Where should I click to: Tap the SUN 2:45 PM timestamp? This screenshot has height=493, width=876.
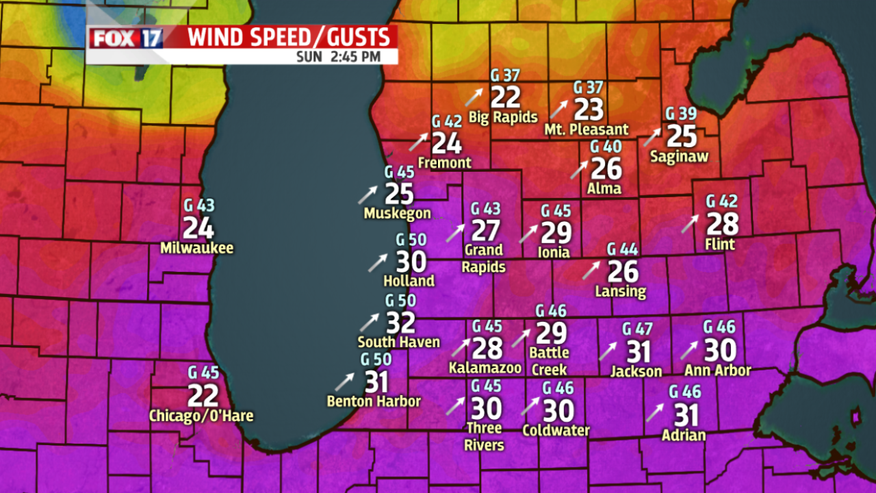tap(338, 57)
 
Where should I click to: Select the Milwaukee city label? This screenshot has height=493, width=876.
tap(197, 248)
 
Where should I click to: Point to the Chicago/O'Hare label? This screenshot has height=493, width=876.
tap(201, 416)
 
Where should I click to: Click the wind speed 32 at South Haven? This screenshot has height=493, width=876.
tap(401, 323)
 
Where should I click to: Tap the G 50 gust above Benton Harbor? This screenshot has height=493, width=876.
tap(376, 359)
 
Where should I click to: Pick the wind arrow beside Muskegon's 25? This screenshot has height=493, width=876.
tap(367, 195)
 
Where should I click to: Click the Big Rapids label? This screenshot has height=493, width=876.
tap(503, 117)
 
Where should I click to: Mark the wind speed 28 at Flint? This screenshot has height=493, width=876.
tap(722, 224)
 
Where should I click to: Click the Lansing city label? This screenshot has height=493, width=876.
tap(621, 291)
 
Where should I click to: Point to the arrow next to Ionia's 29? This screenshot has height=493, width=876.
tap(528, 234)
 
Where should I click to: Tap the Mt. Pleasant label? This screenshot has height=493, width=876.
tap(587, 129)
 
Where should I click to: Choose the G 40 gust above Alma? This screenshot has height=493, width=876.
tap(606, 147)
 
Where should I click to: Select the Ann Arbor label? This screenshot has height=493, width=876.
tap(718, 370)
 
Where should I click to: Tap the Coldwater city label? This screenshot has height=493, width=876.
tap(556, 431)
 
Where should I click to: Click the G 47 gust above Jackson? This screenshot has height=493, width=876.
tap(637, 329)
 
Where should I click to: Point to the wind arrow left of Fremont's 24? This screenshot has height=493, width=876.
tap(417, 142)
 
